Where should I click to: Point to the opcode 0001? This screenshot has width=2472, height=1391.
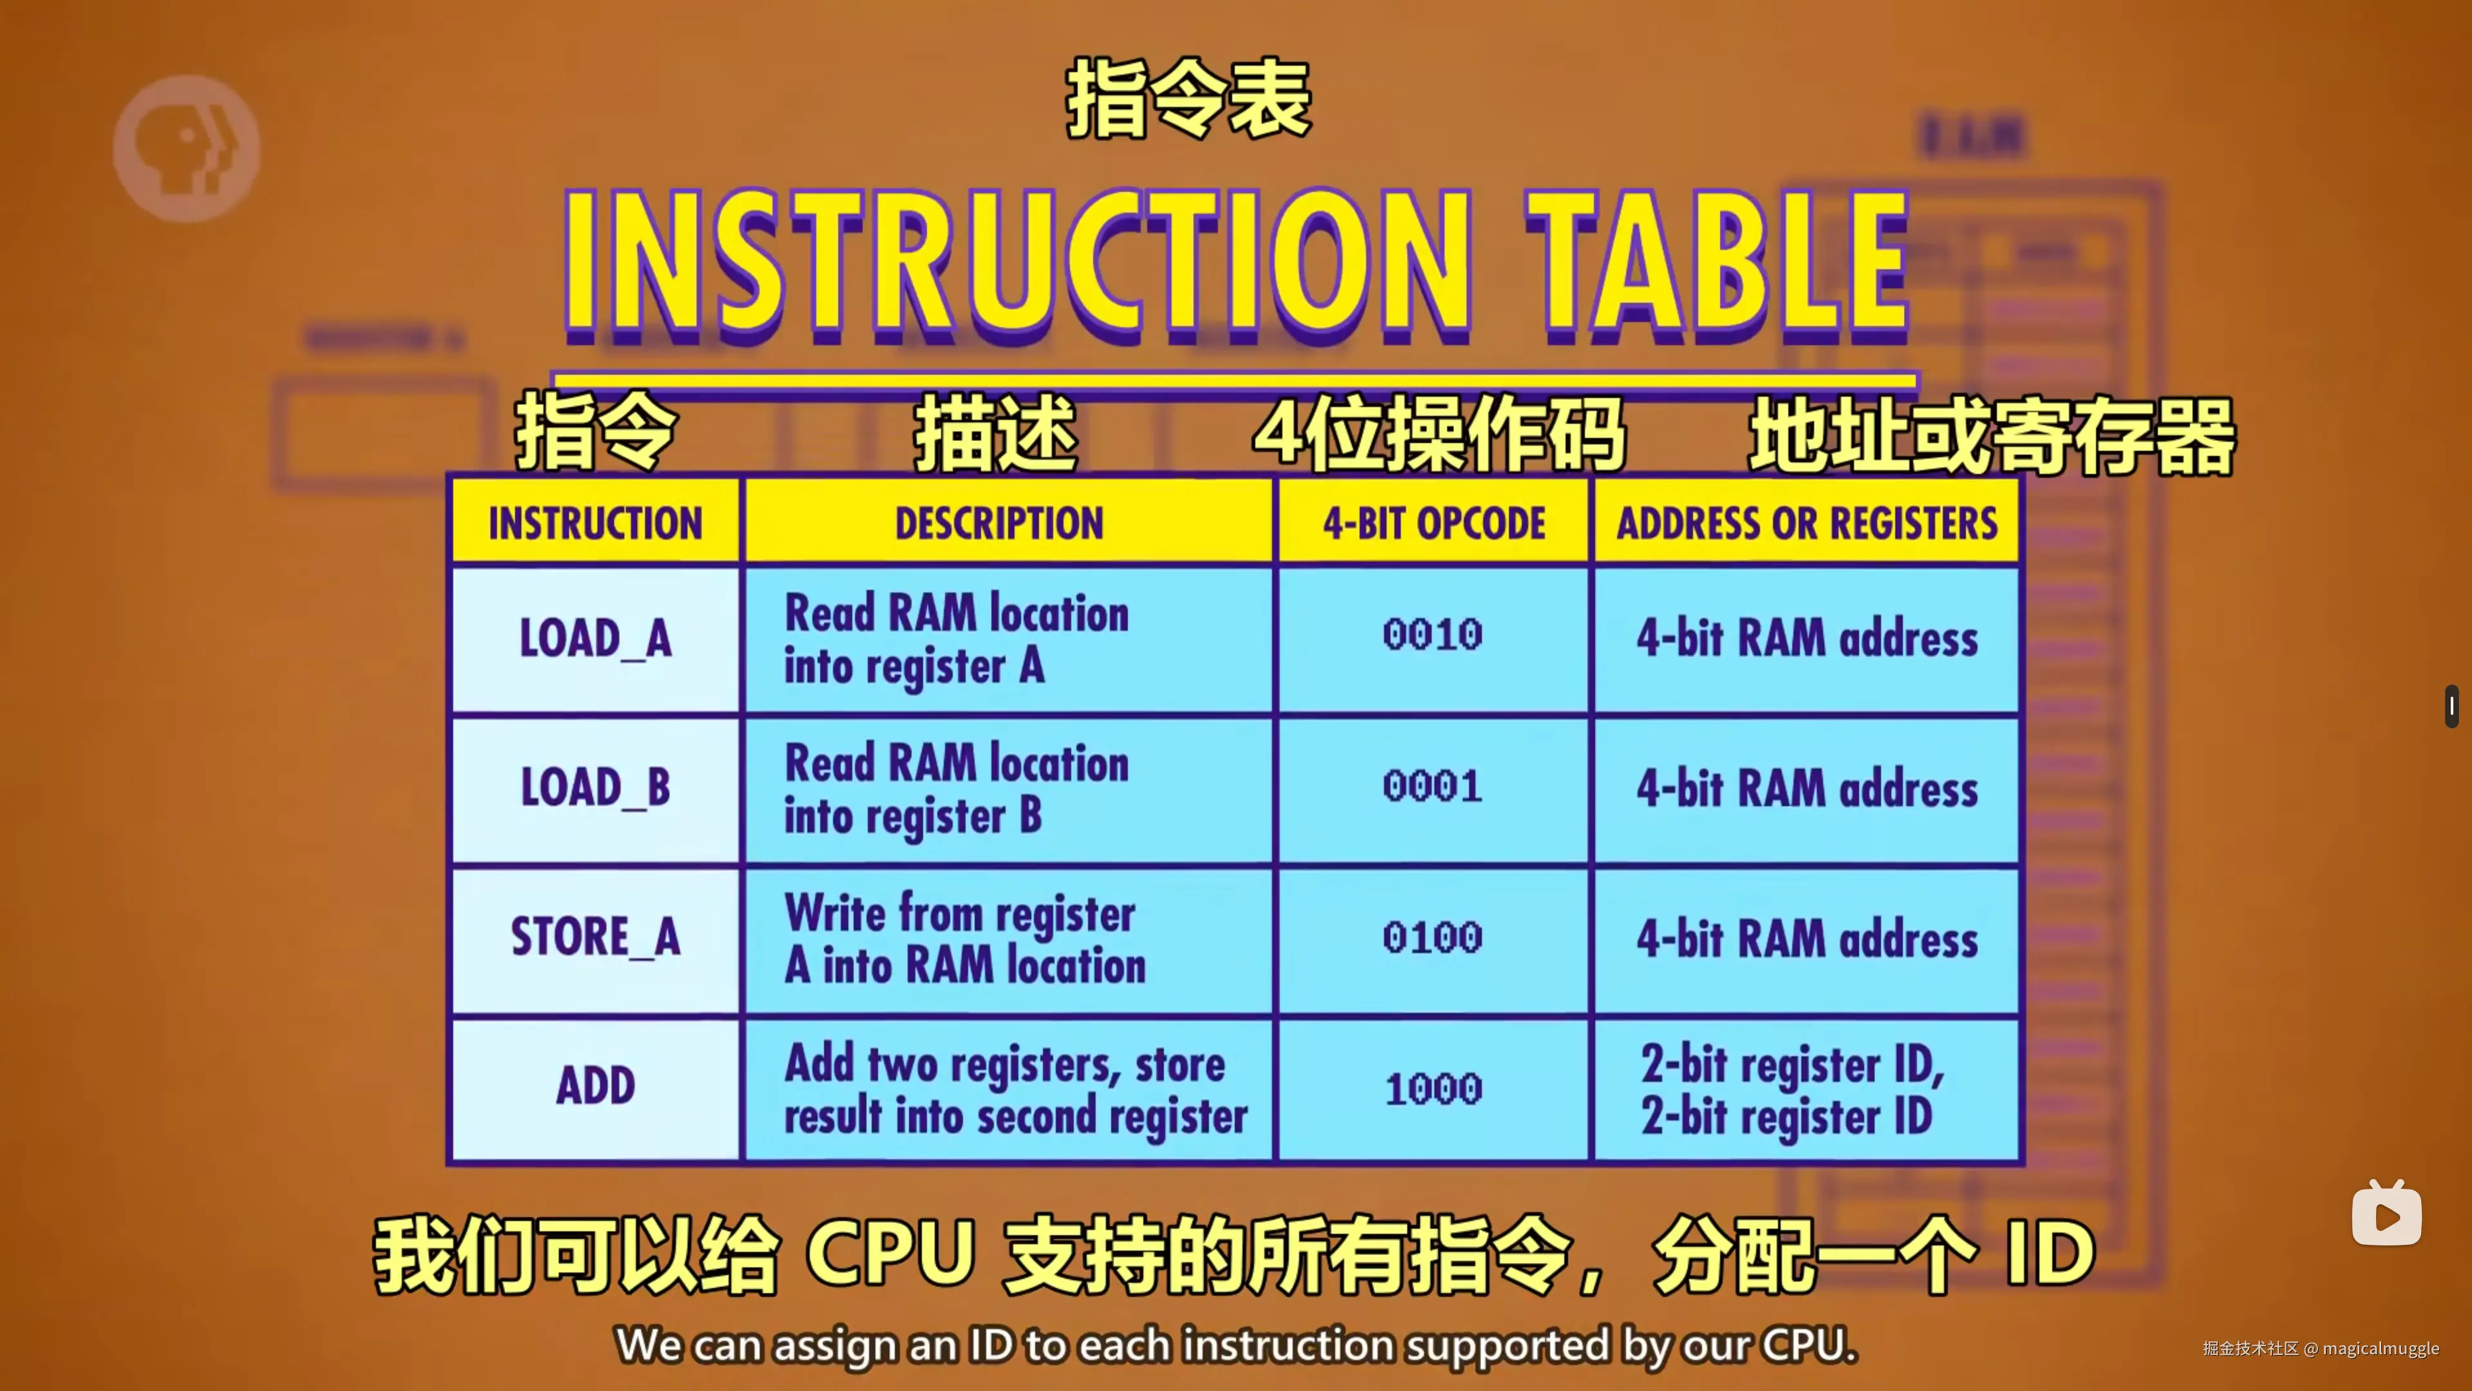pyautogui.click(x=1433, y=787)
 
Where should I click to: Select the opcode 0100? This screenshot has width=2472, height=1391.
pyautogui.click(x=1433, y=938)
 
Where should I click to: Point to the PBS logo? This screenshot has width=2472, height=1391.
pyautogui.click(x=186, y=149)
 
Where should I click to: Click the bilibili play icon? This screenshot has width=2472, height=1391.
pyautogui.click(x=2386, y=1213)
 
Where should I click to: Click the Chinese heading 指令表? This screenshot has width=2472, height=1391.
pyautogui.click(x=1188, y=100)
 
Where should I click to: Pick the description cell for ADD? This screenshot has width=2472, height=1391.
pyautogui.click(x=1009, y=1090)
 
